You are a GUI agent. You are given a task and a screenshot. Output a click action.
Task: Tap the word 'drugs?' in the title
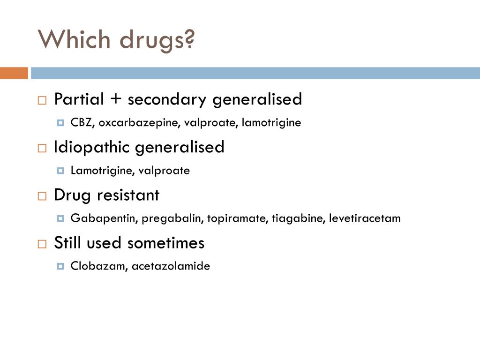click(x=157, y=41)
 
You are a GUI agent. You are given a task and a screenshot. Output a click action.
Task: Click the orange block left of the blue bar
click(x=14, y=73)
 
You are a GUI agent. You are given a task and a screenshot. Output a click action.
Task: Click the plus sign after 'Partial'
click(x=116, y=99)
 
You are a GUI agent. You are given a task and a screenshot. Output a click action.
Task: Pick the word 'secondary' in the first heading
click(x=167, y=100)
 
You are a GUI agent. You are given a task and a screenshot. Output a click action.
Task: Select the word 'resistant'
click(x=128, y=195)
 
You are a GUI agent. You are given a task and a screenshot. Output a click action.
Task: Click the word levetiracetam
click(x=365, y=218)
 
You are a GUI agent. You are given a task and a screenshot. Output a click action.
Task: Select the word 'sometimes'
click(x=166, y=243)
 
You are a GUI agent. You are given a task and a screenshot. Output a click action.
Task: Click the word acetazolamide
click(x=171, y=266)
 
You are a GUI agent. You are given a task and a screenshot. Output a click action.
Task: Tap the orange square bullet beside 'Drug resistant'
click(x=42, y=196)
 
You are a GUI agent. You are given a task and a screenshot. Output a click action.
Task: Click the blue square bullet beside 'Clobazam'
click(x=60, y=266)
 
